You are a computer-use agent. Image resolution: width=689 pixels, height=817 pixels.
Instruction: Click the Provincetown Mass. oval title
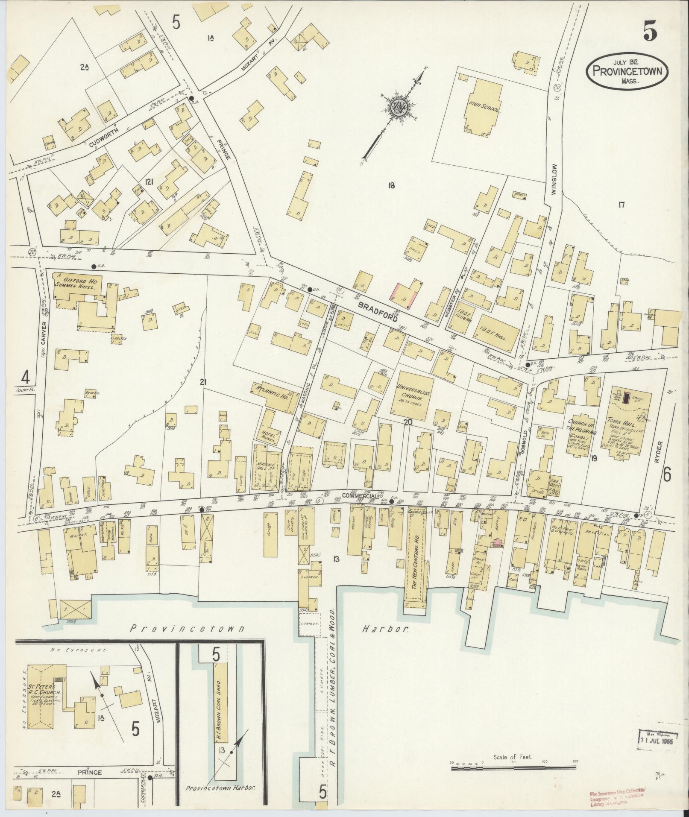click(x=627, y=71)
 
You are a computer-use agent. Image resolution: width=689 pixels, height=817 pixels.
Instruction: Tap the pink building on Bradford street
click(x=403, y=296)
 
